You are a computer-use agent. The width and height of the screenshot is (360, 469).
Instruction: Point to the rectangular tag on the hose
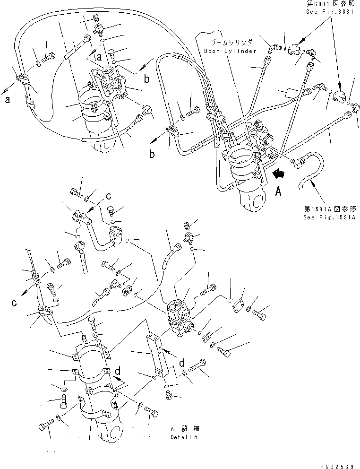coord(289,92)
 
